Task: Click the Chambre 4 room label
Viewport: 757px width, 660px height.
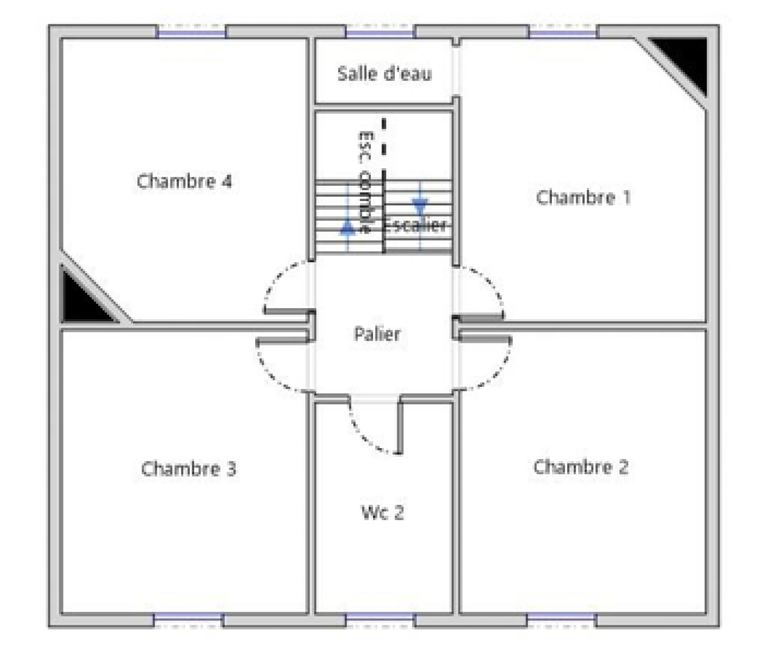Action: coord(184,182)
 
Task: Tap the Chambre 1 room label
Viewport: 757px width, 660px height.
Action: coord(583,197)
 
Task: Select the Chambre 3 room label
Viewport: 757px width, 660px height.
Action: coord(188,469)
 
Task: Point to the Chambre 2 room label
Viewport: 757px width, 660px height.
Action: coord(581,467)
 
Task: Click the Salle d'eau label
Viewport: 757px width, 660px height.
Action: coord(384,74)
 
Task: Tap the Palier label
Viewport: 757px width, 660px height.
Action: coord(377,334)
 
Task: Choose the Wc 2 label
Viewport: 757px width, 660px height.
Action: coord(382,512)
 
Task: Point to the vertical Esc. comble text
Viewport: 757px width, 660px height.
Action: coord(365,181)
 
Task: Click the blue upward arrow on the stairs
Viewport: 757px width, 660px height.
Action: coord(347,229)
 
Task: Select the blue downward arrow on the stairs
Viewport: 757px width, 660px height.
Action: coord(420,206)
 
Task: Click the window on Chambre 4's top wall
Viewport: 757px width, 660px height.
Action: coord(192,32)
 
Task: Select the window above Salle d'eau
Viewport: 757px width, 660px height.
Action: coord(380,32)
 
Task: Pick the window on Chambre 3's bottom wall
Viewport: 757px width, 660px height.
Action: coord(188,620)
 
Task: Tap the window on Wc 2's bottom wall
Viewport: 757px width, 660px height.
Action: coord(380,620)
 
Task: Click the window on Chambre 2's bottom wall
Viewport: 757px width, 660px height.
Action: coord(560,620)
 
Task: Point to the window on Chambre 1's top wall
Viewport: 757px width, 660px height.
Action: coord(562,32)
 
